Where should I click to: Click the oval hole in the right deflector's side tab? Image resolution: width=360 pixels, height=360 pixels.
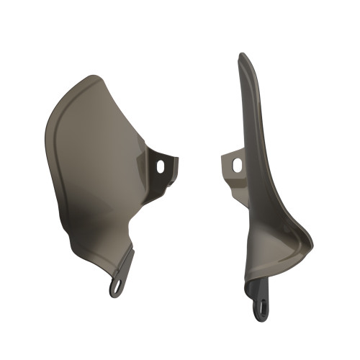coord(235,164)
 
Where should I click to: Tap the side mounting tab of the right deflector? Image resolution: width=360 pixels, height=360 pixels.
coord(232,165)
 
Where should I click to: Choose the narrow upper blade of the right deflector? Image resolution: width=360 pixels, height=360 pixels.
coord(248,108)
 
